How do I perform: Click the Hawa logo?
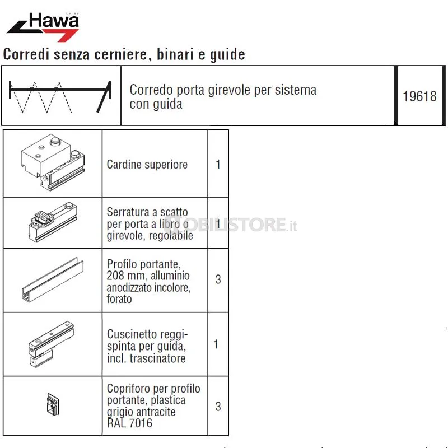(x=43, y=27)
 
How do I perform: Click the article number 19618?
(x=419, y=96)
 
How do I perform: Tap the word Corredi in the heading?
(x=26, y=54)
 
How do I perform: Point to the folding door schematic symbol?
(x=60, y=97)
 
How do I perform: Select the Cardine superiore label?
(x=147, y=164)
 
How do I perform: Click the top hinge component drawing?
(x=53, y=162)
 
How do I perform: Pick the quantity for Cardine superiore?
(x=218, y=164)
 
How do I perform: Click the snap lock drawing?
(x=53, y=222)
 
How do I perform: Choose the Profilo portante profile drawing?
(x=53, y=279)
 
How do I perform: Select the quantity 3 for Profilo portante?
(x=218, y=279)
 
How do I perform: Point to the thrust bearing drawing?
(x=52, y=344)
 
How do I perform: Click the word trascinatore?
(x=158, y=358)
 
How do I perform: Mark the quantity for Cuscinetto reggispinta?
(x=216, y=344)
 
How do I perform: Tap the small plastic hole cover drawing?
(x=53, y=404)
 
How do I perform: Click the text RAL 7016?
(x=129, y=423)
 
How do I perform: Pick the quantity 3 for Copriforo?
(x=218, y=407)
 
